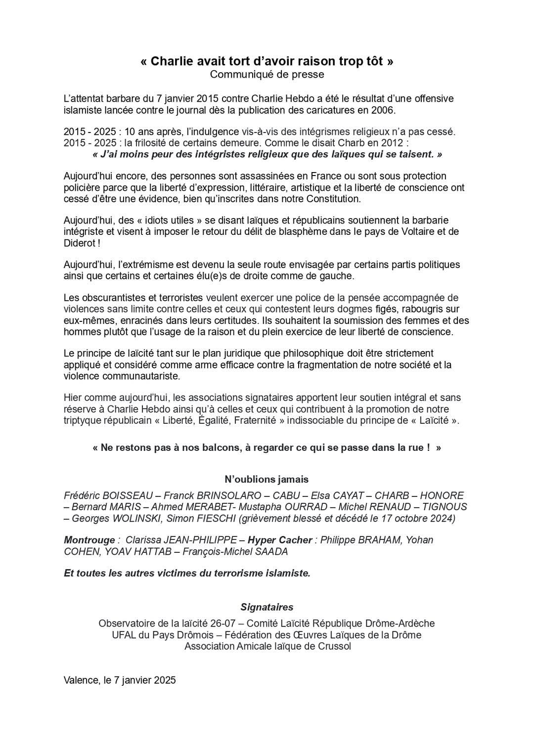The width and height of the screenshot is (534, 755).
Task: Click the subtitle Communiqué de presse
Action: [x=267, y=75]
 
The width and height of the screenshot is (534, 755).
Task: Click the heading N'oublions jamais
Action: [x=267, y=479]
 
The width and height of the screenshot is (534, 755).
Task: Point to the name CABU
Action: [x=286, y=495]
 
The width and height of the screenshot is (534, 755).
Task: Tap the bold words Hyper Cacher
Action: [x=280, y=540]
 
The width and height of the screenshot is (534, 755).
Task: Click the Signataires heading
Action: [x=267, y=607]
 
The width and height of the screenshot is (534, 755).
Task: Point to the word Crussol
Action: [x=332, y=646]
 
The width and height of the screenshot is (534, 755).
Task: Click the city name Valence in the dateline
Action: [x=81, y=680]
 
